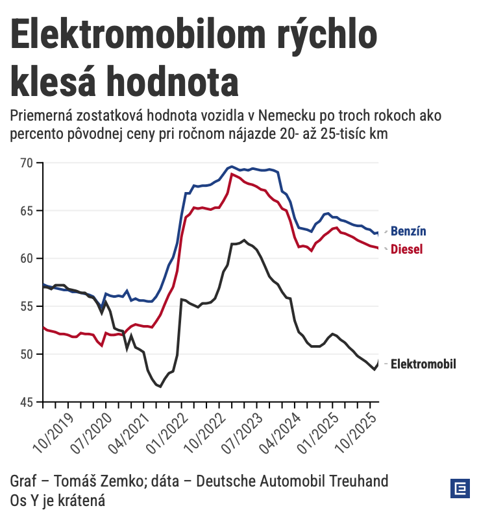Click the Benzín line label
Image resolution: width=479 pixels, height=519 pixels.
tap(408, 232)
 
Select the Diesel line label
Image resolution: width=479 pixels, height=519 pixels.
tap(406, 249)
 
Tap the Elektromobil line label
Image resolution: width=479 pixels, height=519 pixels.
tap(423, 364)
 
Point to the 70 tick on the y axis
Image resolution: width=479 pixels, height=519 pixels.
tap(27, 163)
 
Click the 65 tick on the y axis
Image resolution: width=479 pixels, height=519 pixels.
tap(27, 211)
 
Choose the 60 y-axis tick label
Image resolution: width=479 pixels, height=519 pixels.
tap(27, 259)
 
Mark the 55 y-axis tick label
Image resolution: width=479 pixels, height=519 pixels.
tap(27, 306)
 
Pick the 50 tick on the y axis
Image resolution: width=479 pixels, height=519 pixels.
tap(27, 354)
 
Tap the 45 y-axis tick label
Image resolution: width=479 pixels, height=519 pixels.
tap(27, 402)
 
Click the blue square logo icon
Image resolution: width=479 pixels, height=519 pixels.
tap(460, 489)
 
